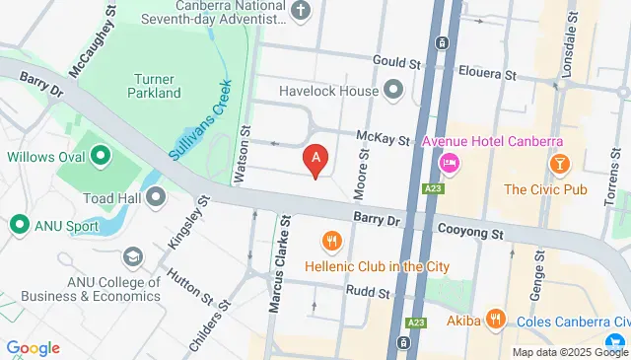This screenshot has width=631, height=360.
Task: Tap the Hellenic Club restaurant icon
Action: (331, 240)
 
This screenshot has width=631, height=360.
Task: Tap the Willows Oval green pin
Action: (101, 156)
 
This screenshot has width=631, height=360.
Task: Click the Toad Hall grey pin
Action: (156, 197)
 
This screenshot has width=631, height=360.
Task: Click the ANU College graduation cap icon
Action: (132, 257)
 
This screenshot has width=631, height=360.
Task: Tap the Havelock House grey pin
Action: (394, 92)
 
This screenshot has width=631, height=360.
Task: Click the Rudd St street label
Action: (370, 291)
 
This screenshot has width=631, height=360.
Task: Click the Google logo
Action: (33, 348)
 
